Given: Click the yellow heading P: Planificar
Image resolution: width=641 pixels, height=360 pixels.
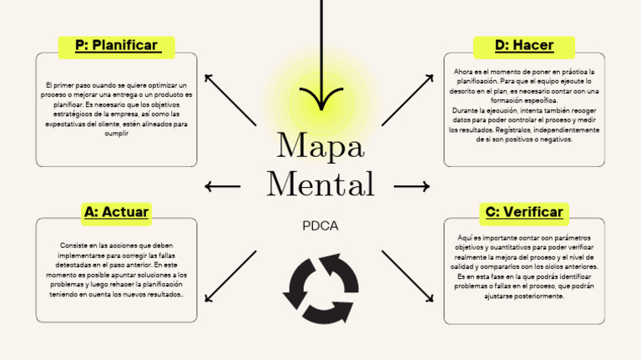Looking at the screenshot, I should [116, 45].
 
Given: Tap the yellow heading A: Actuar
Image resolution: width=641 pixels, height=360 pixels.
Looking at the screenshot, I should [116, 212].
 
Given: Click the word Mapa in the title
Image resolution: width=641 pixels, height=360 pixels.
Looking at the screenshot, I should [320, 147].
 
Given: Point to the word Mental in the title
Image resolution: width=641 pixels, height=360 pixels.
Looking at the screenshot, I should [320, 184].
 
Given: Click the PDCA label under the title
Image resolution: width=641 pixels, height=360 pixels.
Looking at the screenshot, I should [320, 226].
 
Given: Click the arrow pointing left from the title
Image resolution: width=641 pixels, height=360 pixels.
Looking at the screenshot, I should [223, 186].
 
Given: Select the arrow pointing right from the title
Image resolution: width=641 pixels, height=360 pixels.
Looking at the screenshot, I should [411, 185].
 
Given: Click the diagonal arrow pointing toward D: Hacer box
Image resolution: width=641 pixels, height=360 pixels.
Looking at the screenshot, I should [408, 99].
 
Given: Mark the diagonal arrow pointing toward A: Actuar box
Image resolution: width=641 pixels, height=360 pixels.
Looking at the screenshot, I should [230, 276].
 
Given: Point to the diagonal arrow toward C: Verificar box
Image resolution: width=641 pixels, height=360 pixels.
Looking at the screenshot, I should [408, 276].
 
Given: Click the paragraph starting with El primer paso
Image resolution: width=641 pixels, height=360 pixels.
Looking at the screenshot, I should [117, 109].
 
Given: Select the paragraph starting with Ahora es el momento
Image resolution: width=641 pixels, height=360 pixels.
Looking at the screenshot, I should [523, 105].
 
